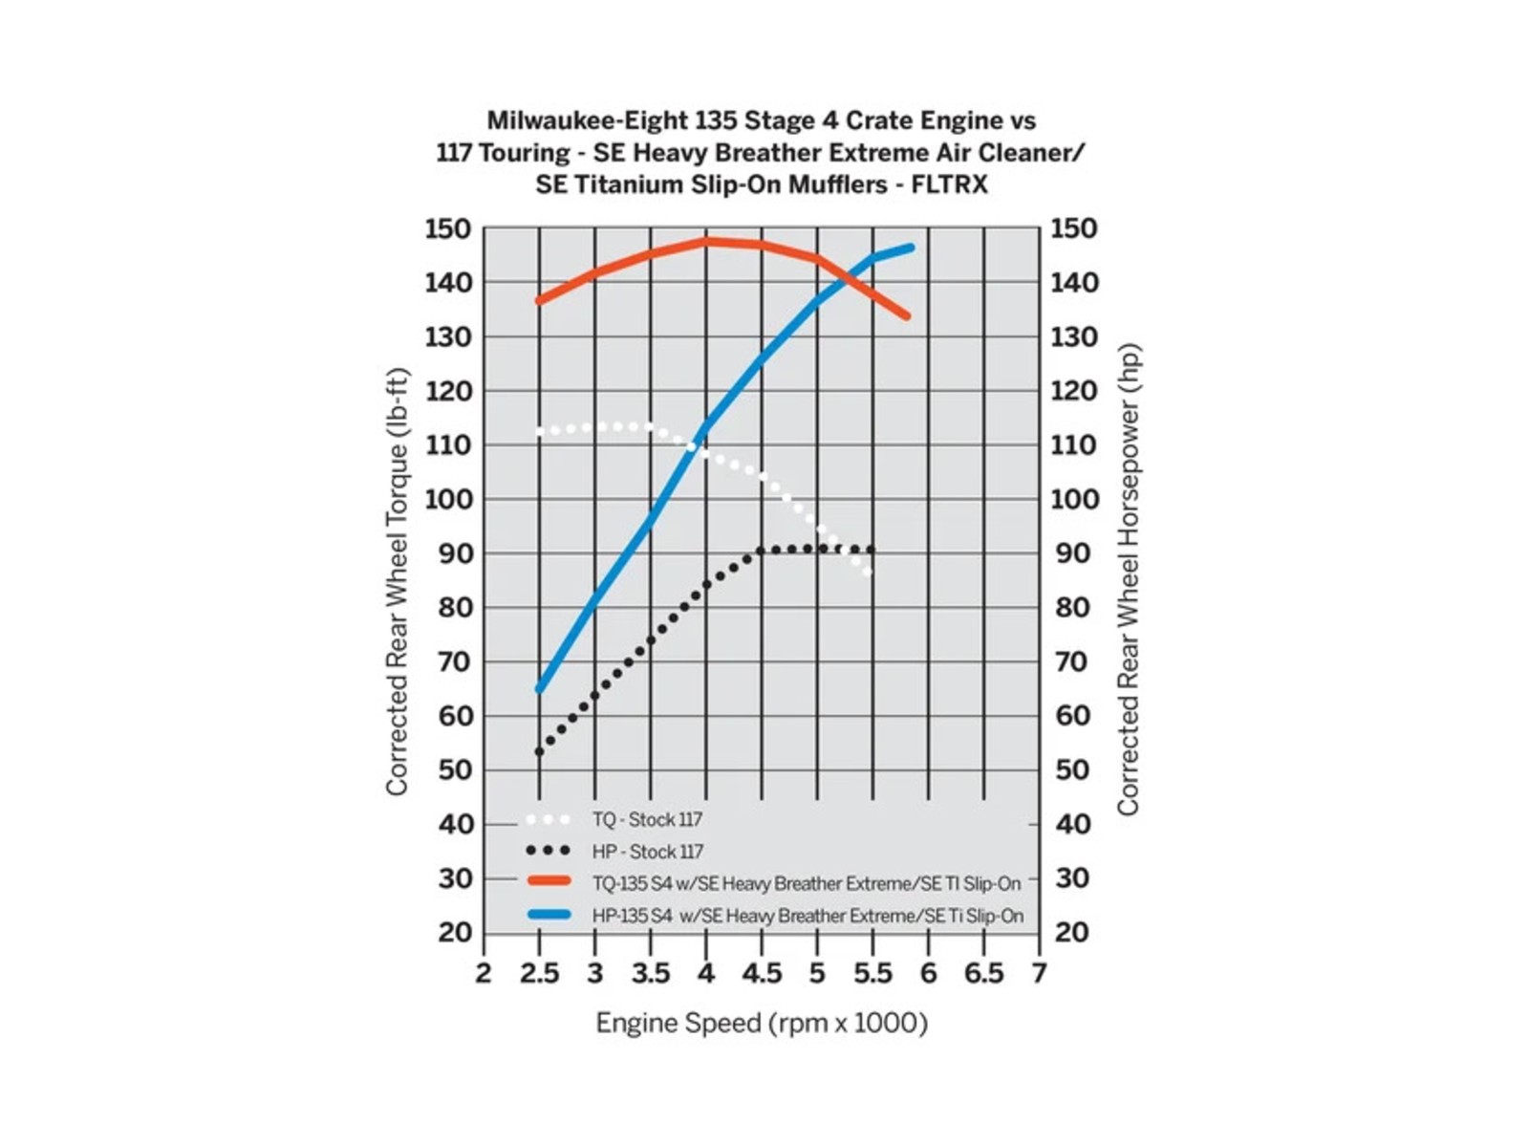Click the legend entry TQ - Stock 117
point(647,820)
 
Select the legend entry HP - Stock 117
point(647,852)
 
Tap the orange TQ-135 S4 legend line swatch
point(549,882)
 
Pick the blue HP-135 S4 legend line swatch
point(549,915)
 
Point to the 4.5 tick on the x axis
point(762,974)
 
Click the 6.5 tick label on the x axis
point(983,974)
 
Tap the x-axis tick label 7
point(1039,974)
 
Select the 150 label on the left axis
point(448,229)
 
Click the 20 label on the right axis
point(1070,932)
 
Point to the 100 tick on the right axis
point(1075,499)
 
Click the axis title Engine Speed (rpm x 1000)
point(762,1024)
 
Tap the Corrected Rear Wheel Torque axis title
point(397,581)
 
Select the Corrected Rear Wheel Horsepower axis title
point(1129,581)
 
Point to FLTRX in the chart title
point(950,184)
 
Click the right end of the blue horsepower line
point(910,248)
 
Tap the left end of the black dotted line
point(540,752)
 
